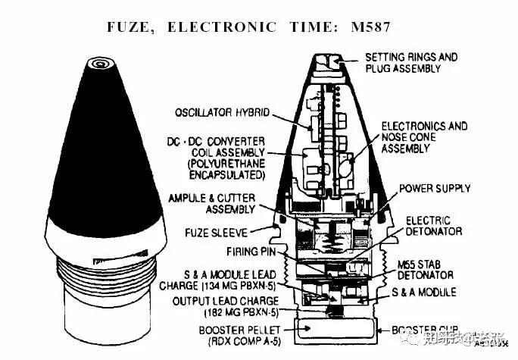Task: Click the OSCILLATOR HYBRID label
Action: (221, 112)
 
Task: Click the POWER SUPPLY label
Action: (435, 188)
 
